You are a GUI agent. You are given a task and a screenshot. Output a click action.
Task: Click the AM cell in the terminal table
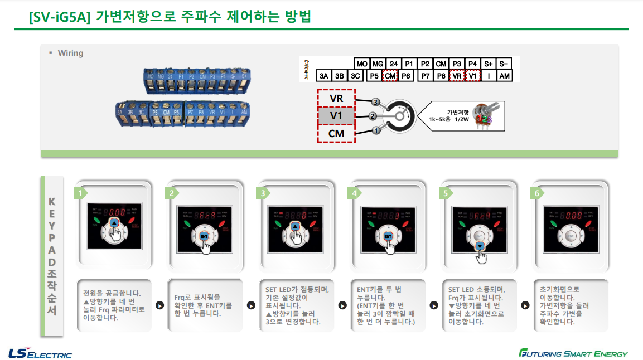[504, 76]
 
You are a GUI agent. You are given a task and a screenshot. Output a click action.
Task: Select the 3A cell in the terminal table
[323, 76]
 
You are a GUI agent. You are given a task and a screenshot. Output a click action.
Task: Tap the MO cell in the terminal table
[362, 64]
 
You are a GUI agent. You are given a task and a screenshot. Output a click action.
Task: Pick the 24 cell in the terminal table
[393, 64]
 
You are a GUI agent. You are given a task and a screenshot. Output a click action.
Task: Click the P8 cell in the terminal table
[441, 76]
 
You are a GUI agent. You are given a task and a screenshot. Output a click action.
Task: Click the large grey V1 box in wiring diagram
[336, 116]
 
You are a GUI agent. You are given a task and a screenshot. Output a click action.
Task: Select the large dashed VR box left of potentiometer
[336, 99]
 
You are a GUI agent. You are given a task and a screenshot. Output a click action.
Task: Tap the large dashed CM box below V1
[336, 134]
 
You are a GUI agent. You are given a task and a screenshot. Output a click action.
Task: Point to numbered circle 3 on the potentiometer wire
[375, 103]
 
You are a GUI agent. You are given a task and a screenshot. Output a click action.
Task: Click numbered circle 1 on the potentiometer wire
[375, 130]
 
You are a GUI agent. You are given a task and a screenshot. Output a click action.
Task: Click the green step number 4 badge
[354, 193]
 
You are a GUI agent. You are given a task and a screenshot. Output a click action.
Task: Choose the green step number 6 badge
[537, 193]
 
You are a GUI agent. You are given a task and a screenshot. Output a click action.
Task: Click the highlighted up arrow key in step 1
[114, 223]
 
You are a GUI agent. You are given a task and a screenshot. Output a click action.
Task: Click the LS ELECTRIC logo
[40, 353]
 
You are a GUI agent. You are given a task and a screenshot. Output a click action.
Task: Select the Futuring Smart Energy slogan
[573, 353]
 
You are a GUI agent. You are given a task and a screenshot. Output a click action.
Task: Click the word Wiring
[70, 53]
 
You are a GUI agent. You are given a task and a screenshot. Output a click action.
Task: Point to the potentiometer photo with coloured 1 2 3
[483, 116]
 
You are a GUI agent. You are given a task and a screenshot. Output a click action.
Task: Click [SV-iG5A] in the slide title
[59, 17]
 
